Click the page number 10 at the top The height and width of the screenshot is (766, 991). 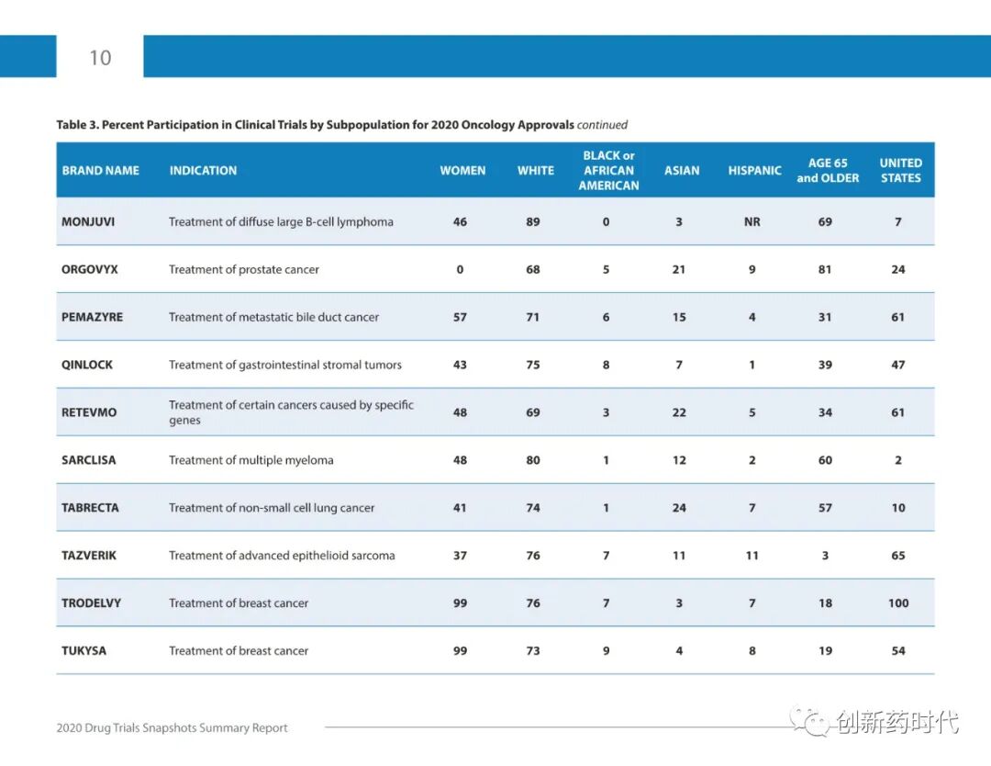tap(100, 58)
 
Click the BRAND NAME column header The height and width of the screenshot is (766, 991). tap(101, 171)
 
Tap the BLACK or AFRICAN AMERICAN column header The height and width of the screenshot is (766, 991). tap(608, 171)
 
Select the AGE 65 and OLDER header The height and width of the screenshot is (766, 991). tap(828, 171)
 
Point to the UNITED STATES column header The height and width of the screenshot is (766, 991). tap(900, 171)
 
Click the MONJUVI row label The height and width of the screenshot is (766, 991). tap(88, 221)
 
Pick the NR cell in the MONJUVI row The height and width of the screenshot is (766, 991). tap(752, 221)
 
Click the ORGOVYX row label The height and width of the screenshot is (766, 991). tap(90, 269)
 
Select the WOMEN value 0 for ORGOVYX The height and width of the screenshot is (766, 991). tap(460, 269)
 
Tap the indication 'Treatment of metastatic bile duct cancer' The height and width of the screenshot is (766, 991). tap(273, 317)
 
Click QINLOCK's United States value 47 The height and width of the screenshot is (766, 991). tap(898, 365)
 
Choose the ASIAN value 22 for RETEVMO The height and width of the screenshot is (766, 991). tap(679, 412)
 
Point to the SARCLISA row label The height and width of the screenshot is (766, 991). tap(89, 460)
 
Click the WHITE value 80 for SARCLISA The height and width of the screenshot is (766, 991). tap(533, 460)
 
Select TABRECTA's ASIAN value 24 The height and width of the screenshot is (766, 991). tap(679, 508)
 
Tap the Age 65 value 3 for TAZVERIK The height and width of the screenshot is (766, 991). tap(825, 556)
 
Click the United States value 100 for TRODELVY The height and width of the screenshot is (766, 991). tap(898, 603)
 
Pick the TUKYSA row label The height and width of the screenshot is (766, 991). tap(84, 651)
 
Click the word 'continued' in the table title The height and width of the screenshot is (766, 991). tap(602, 125)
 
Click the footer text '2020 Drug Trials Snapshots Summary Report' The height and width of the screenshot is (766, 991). tap(173, 728)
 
